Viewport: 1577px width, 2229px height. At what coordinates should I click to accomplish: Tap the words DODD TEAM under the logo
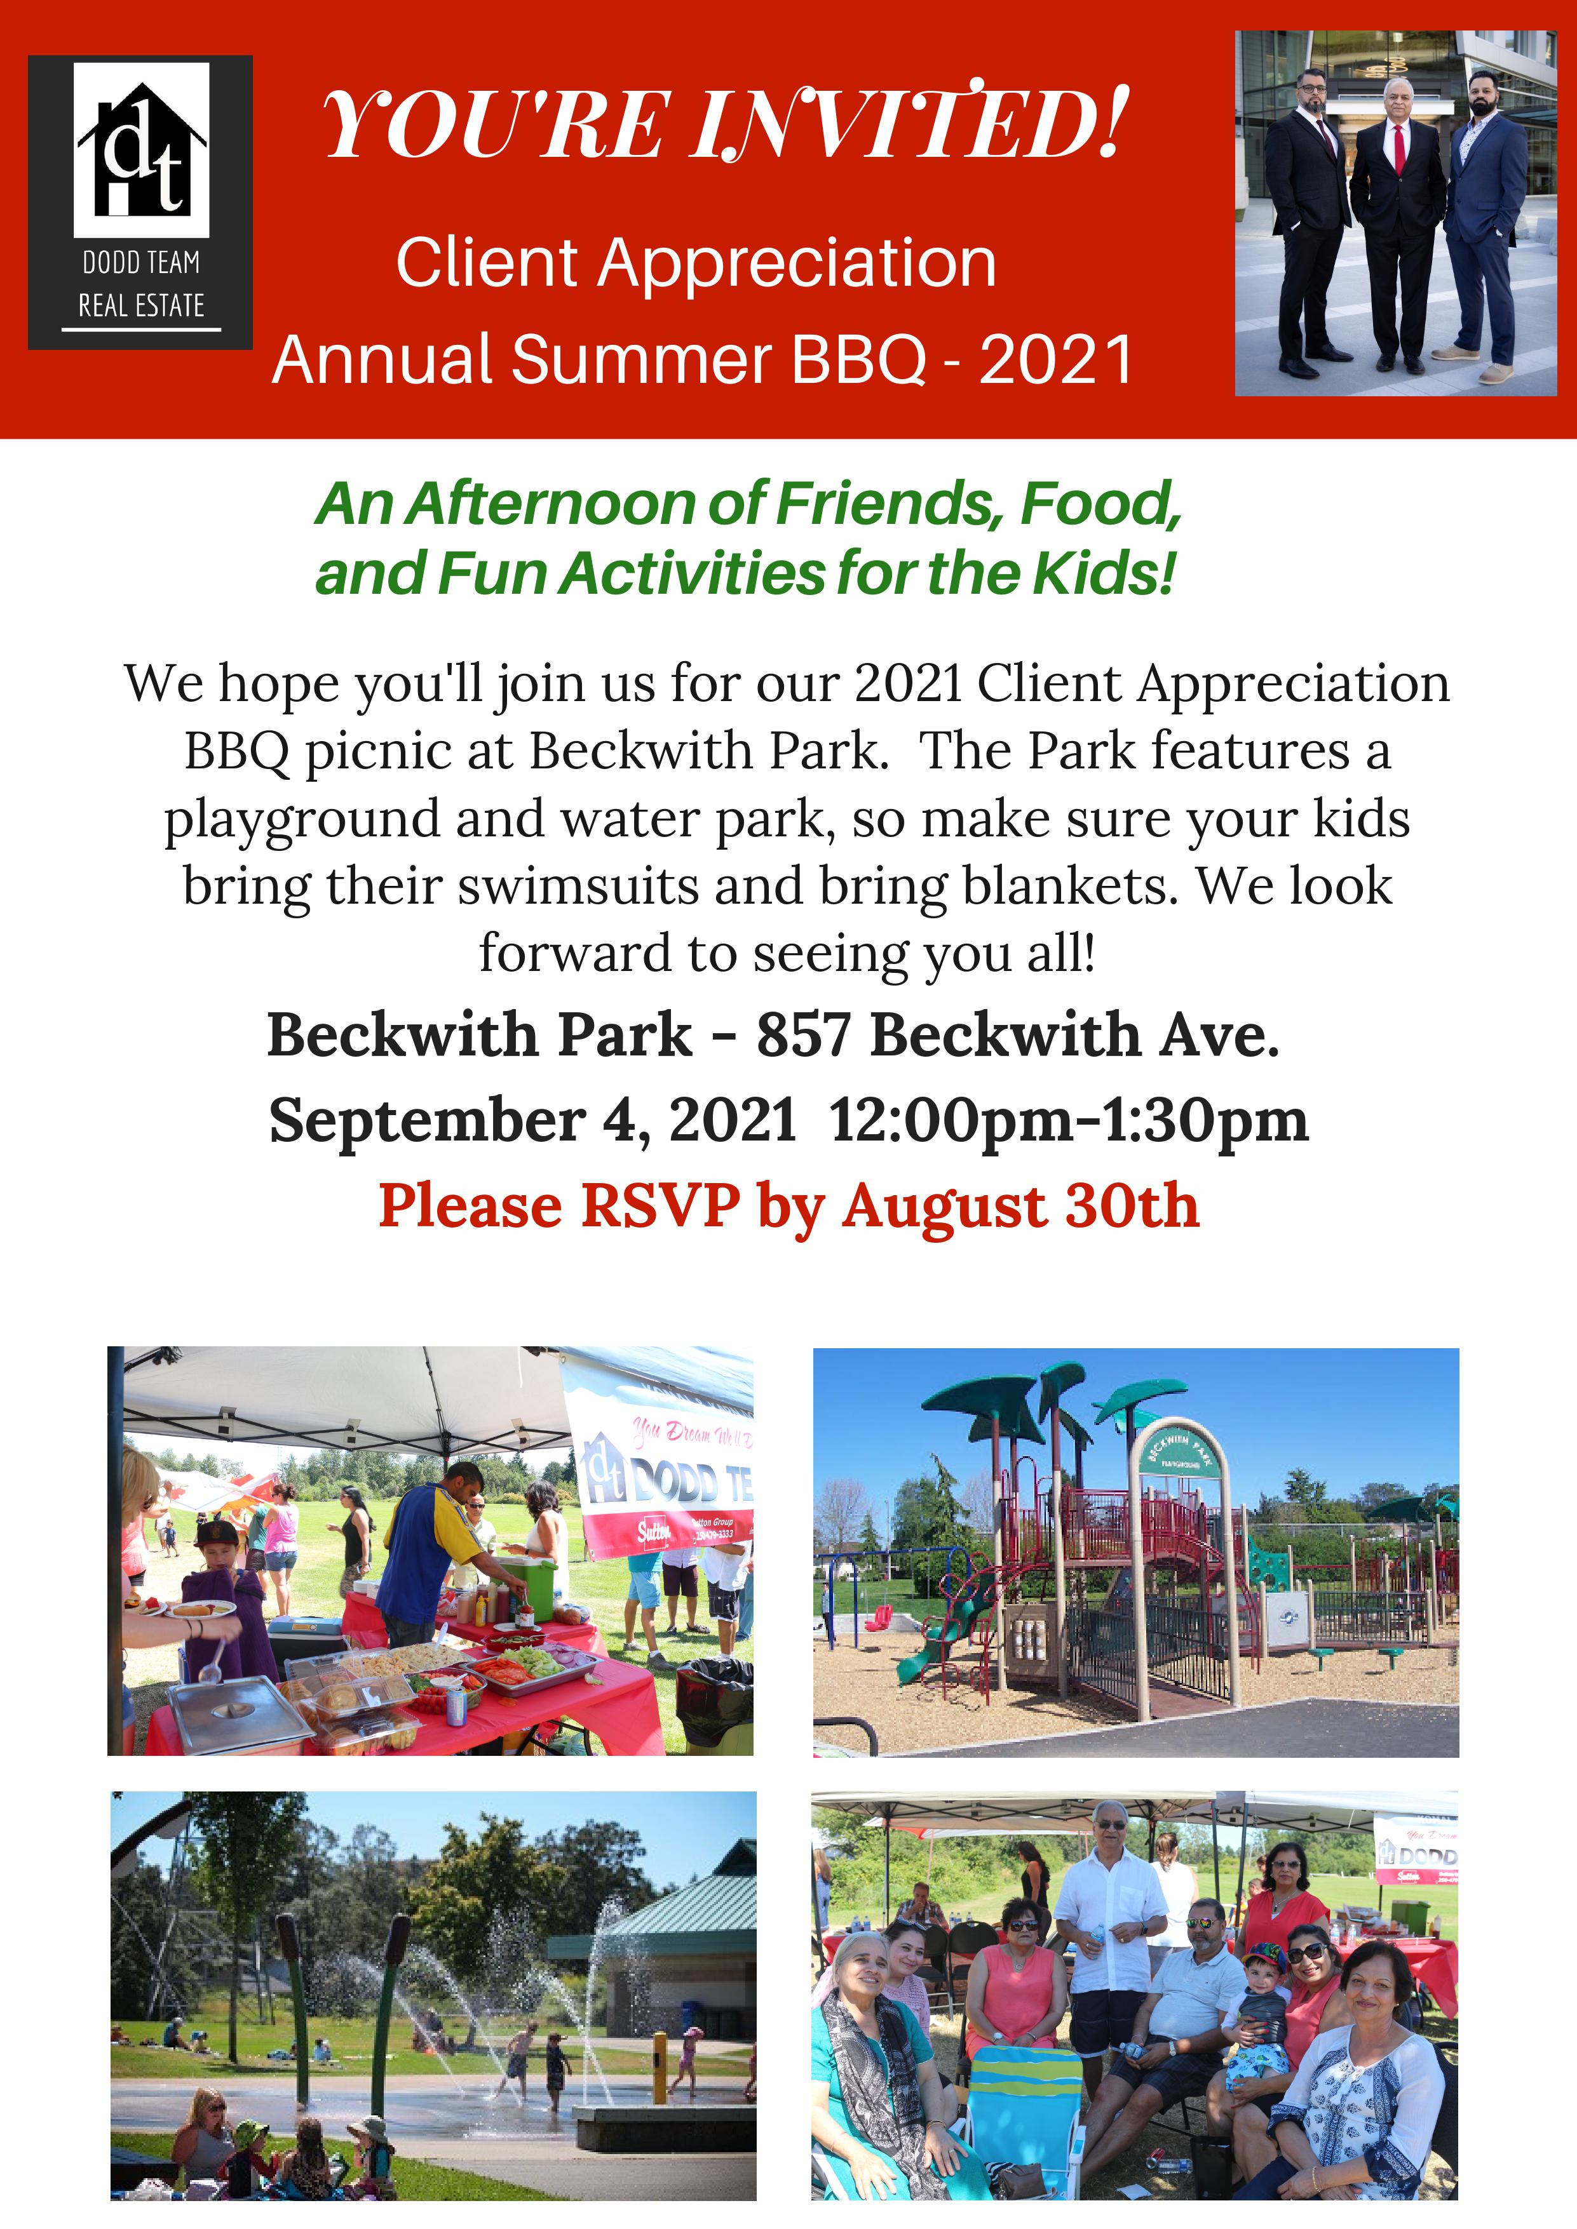tap(141, 262)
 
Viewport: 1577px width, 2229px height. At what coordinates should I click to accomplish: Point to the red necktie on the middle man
tap(1399, 149)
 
